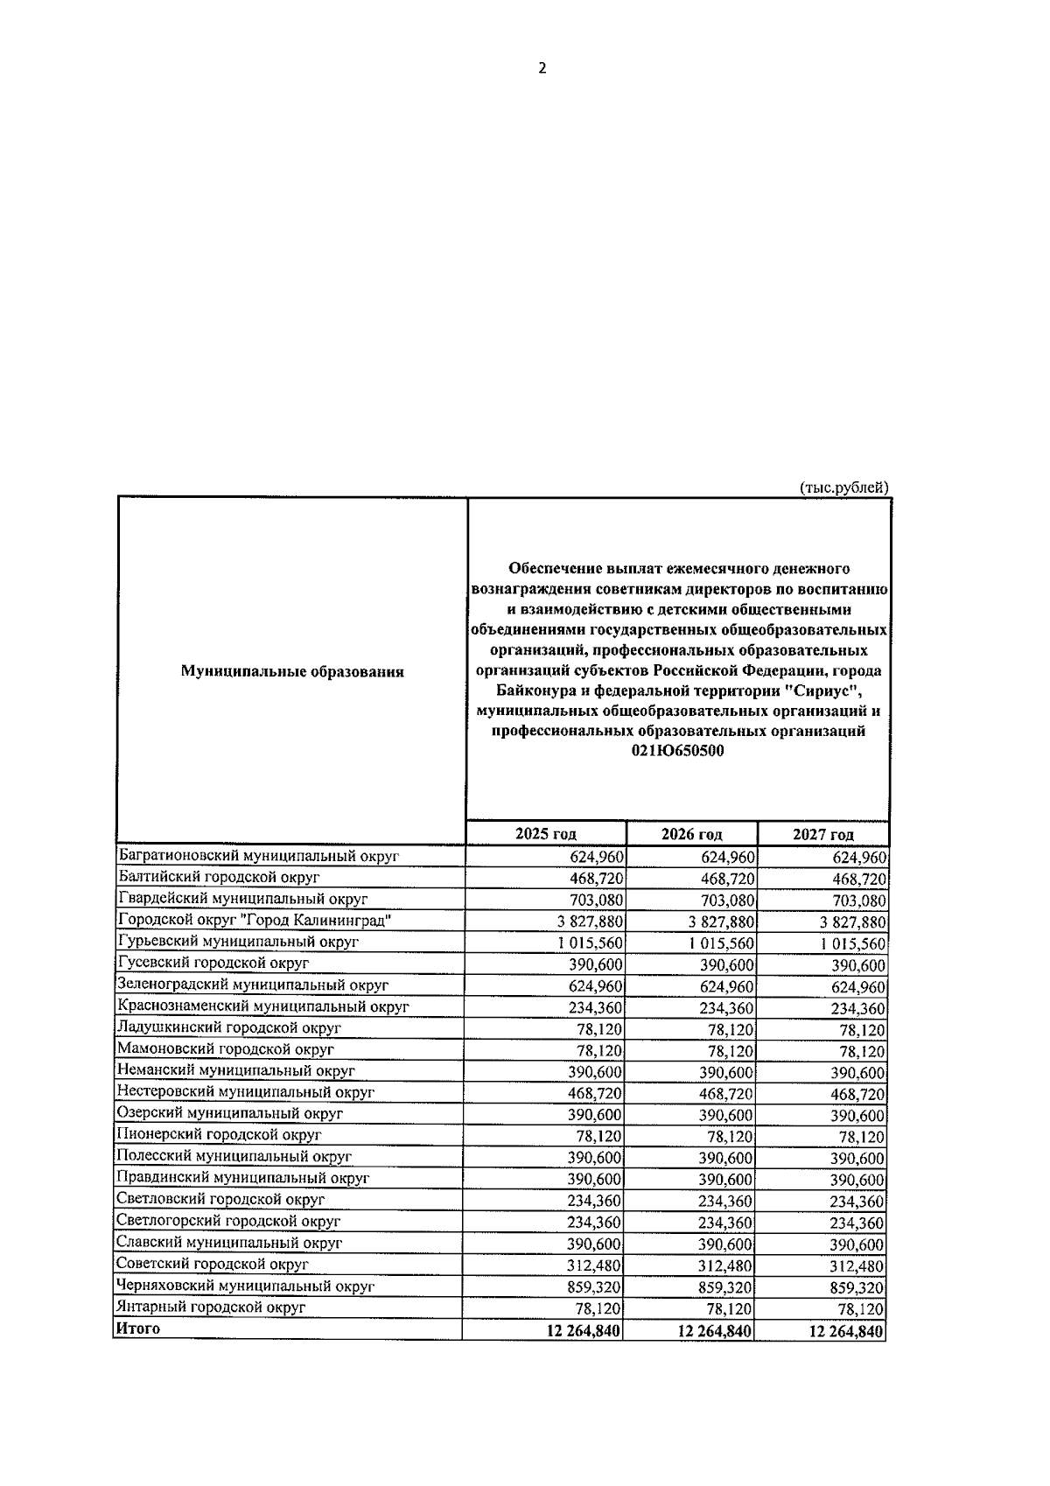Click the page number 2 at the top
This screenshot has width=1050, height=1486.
542,68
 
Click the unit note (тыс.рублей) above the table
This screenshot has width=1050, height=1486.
843,487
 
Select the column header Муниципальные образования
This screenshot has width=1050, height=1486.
292,672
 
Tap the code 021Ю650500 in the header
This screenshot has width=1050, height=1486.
678,751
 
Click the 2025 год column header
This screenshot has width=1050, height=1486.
546,834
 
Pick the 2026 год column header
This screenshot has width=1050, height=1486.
692,834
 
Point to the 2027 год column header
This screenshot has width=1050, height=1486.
822,834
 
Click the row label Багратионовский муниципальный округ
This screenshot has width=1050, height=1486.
258,856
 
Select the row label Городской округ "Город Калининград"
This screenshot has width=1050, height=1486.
254,921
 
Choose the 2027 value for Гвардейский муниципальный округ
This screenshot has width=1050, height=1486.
853,901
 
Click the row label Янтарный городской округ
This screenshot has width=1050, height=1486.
211,1307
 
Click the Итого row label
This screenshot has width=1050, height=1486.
138,1328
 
